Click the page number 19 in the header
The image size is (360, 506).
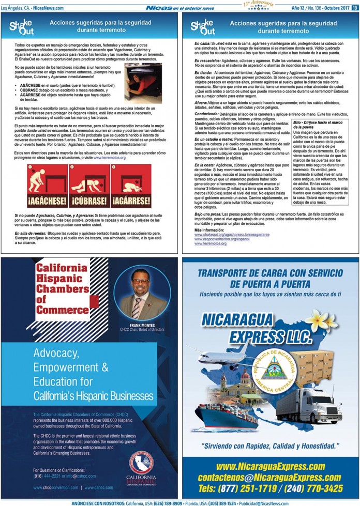pos(355,8)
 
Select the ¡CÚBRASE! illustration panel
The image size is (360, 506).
pos(89,186)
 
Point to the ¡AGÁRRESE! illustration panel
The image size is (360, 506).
pos(133,186)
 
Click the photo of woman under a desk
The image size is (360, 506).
pos(143,83)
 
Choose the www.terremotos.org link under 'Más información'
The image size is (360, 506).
pos(211,243)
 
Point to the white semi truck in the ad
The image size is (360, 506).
pos(316,405)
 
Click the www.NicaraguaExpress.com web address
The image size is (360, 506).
pos(271,467)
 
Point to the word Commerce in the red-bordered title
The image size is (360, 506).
pos(62,310)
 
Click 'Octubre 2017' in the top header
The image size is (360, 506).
pos(336,8)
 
